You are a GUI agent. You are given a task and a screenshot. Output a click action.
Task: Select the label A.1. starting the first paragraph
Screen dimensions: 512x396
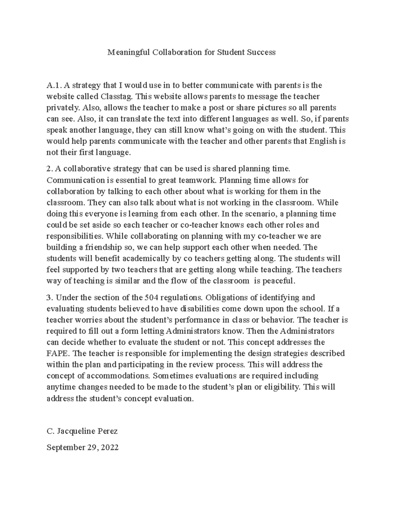pyautogui.click(x=54, y=85)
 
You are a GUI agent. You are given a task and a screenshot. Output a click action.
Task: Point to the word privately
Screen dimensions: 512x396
pyautogui.click(x=63, y=107)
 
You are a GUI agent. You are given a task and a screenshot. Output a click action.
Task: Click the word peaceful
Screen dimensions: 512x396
pyautogui.click(x=279, y=281)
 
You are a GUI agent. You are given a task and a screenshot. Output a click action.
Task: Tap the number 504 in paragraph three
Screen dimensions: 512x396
pyautogui.click(x=151, y=297)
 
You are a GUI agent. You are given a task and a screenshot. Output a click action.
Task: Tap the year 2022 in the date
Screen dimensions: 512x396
pyautogui.click(x=110, y=447)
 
